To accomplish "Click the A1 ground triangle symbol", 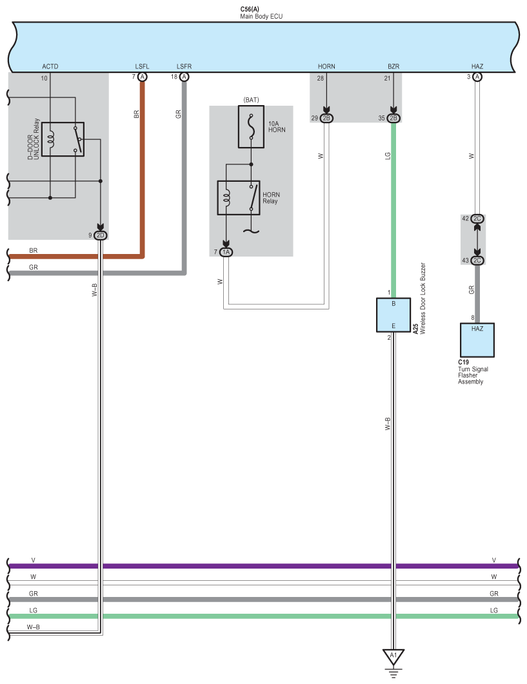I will click(393, 656).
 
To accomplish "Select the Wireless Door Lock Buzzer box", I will click(393, 315).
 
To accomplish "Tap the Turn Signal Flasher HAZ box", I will click(477, 340).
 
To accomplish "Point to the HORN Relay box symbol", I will click(238, 197).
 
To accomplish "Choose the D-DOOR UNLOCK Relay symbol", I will click(63, 139).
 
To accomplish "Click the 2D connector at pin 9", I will click(100, 235).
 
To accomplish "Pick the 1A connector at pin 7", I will click(226, 252).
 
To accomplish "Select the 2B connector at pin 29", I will click(326, 118).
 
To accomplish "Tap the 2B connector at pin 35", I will click(393, 118).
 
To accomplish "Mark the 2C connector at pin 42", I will click(477, 219).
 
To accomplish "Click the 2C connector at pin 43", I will click(477, 260).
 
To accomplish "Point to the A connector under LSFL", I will click(143, 77).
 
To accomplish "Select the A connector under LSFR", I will click(184, 77).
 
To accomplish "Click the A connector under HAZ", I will click(477, 77).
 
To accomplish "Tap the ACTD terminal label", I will click(50, 66).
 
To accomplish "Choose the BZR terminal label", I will click(393, 66).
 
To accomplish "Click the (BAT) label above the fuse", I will click(251, 99).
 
